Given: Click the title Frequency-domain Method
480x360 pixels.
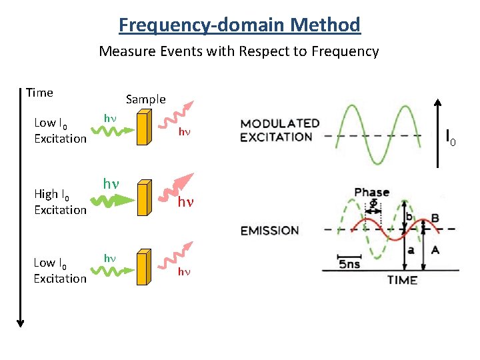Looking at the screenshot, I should click(239, 25).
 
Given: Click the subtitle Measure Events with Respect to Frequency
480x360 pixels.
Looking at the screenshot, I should click(239, 51).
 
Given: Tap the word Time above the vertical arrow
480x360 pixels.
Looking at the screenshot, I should click(39, 93).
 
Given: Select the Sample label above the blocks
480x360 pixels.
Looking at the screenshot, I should click(145, 99).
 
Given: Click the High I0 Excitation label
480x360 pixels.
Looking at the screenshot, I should click(60, 201).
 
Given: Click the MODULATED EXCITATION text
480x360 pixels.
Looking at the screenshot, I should click(280, 130).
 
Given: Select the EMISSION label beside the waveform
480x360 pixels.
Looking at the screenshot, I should click(269, 231).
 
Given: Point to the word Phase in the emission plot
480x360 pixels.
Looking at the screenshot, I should click(372, 193).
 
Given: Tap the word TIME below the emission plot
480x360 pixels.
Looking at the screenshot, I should click(403, 280).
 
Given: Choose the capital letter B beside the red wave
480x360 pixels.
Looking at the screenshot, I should click(435, 218).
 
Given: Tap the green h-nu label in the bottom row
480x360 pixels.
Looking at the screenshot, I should click(109, 257).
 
